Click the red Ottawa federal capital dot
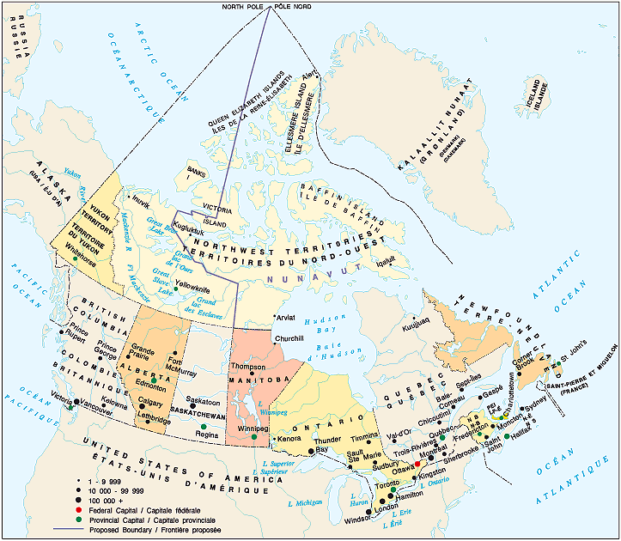pyautogui.click(x=417, y=464)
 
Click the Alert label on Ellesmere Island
pyautogui.click(x=308, y=73)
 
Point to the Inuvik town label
pyautogui.click(x=141, y=205)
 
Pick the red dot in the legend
pyautogui.click(x=78, y=510)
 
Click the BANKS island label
pyautogui.click(x=196, y=173)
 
